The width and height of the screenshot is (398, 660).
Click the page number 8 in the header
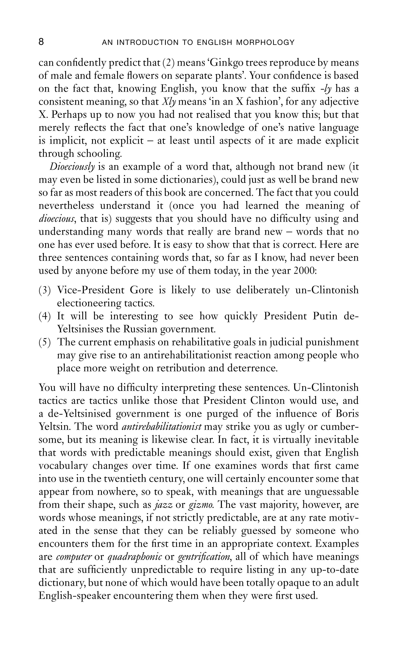(41, 42)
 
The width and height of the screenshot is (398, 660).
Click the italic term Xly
(169, 102)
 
